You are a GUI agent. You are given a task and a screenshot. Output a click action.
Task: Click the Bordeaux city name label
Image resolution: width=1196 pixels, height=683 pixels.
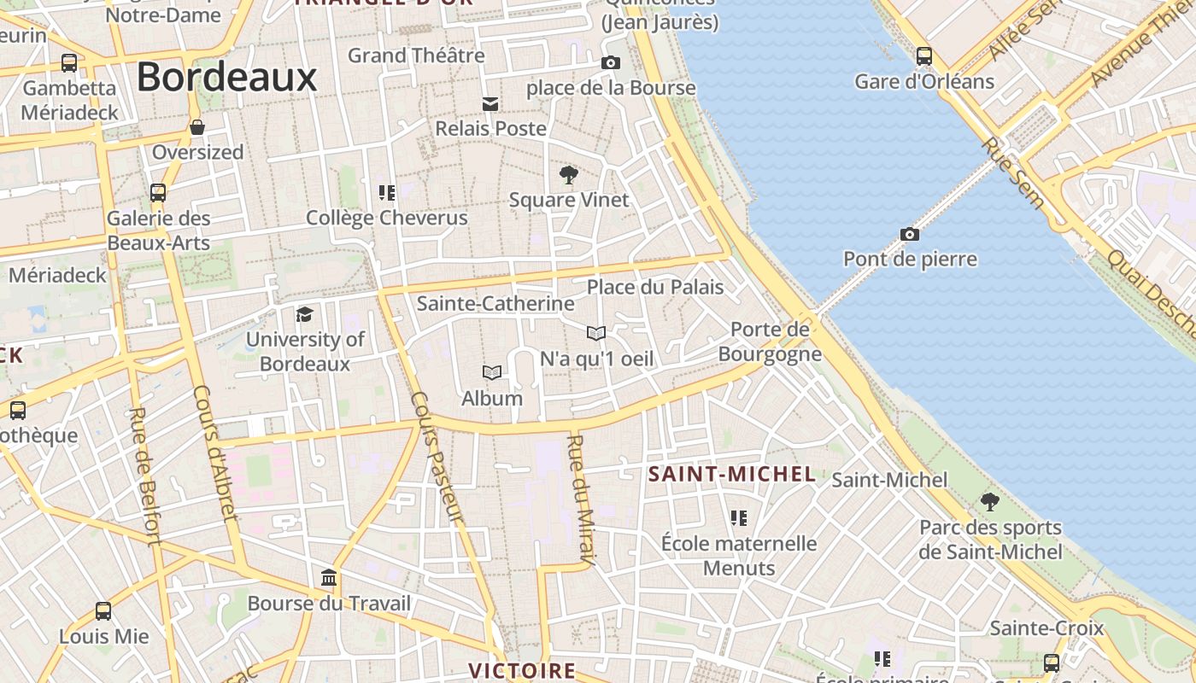pyautogui.click(x=226, y=77)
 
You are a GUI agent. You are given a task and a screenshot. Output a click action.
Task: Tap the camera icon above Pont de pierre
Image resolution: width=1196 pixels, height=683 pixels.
pyautogui.click(x=910, y=234)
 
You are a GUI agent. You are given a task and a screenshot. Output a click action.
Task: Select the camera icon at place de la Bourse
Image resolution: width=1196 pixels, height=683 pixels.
pyautogui.click(x=610, y=62)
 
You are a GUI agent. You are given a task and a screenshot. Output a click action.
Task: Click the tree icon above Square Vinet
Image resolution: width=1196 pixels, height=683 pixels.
pyautogui.click(x=568, y=176)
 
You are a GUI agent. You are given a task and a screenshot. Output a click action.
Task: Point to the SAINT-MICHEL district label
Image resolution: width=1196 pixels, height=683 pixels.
pyautogui.click(x=732, y=474)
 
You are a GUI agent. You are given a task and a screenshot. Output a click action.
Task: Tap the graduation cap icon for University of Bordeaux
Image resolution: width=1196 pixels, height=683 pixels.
pyautogui.click(x=304, y=315)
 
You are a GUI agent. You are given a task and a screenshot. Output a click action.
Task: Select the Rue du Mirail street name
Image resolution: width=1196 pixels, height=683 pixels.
pyautogui.click(x=580, y=500)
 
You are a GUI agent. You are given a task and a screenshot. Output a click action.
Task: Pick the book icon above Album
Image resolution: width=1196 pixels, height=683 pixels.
pyautogui.click(x=491, y=372)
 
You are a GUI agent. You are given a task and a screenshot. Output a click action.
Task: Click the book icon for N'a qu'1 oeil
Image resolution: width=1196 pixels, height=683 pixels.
pyautogui.click(x=596, y=333)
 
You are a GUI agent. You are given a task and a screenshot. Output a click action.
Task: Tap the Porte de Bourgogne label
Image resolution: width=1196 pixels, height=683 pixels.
pyautogui.click(x=770, y=341)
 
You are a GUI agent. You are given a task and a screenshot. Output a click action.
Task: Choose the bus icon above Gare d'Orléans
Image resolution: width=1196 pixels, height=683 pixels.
pyautogui.click(x=923, y=56)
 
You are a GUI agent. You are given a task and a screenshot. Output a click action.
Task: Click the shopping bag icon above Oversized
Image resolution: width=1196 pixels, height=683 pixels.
pyautogui.click(x=197, y=127)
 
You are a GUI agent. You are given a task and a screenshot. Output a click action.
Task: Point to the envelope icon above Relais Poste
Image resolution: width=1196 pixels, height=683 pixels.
pyautogui.click(x=490, y=104)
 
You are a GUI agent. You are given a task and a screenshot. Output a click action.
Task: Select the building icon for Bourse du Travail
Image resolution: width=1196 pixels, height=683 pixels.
pyautogui.click(x=329, y=578)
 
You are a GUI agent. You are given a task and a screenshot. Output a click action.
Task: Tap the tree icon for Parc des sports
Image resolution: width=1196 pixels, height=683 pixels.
pyautogui.click(x=989, y=501)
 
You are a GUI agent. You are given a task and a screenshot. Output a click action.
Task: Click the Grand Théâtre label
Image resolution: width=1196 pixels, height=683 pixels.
pyautogui.click(x=416, y=55)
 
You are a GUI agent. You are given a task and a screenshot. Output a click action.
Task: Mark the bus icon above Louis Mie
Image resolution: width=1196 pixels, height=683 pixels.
pyautogui.click(x=103, y=611)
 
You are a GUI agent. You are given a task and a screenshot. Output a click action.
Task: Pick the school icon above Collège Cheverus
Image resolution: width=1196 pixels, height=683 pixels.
pyautogui.click(x=387, y=193)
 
